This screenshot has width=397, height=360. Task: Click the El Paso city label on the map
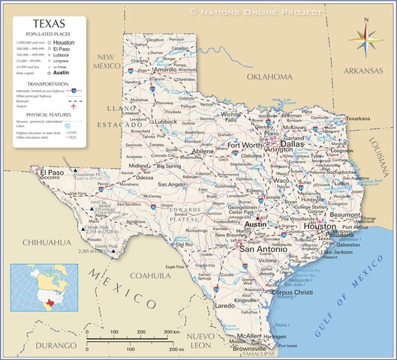point(53,172)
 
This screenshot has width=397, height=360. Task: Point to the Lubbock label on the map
point(166,121)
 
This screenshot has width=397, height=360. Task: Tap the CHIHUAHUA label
point(46,242)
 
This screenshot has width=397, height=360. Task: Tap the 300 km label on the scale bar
point(170,331)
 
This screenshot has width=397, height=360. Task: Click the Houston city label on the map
point(320,226)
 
